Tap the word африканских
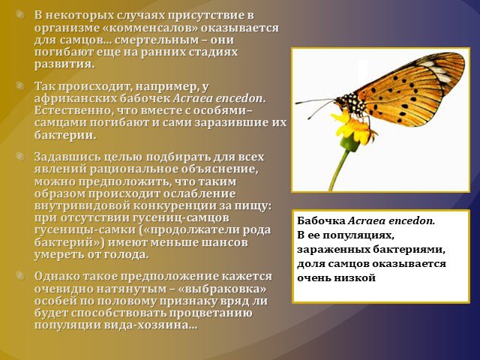75,98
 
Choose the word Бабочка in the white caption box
322,220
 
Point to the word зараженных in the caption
334,250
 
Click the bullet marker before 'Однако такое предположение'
20,275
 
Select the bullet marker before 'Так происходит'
20,85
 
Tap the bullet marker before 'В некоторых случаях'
20,14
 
